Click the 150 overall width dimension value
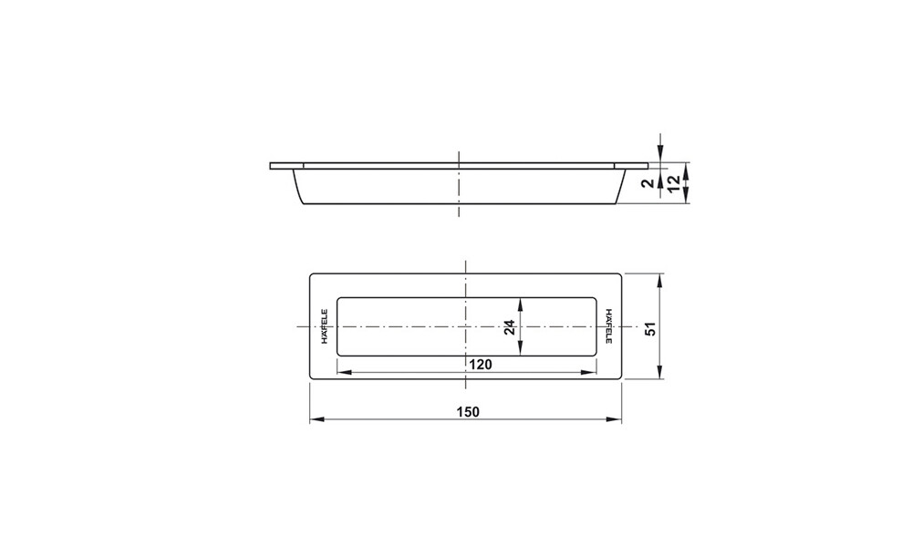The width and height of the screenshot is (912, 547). click(x=468, y=411)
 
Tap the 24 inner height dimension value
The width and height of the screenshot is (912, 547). click(x=511, y=326)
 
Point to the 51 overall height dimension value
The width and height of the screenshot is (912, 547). click(x=650, y=326)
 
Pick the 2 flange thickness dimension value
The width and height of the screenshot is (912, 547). click(x=647, y=183)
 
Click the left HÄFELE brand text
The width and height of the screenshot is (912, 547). click(x=323, y=326)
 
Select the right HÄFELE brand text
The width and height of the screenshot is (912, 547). click(x=609, y=326)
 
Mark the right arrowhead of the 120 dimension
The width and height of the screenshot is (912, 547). click(x=591, y=371)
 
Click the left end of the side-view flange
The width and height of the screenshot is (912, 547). click(x=272, y=167)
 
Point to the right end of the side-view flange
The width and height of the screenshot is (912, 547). click(x=646, y=167)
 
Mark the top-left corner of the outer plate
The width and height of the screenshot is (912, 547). click(x=312, y=273)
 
